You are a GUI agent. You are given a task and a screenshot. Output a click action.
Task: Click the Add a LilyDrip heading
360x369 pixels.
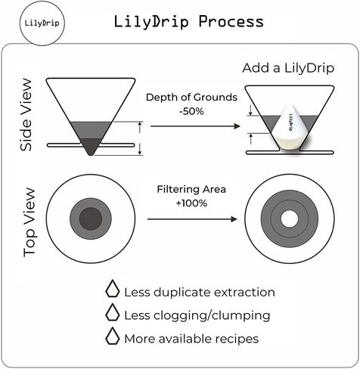287,68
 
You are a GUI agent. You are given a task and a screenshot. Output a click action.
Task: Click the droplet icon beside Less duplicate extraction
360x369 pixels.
113,290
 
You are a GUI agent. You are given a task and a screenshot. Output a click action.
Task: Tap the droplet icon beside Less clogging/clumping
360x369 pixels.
113,315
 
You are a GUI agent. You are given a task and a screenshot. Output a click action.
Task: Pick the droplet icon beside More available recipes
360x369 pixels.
113,338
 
